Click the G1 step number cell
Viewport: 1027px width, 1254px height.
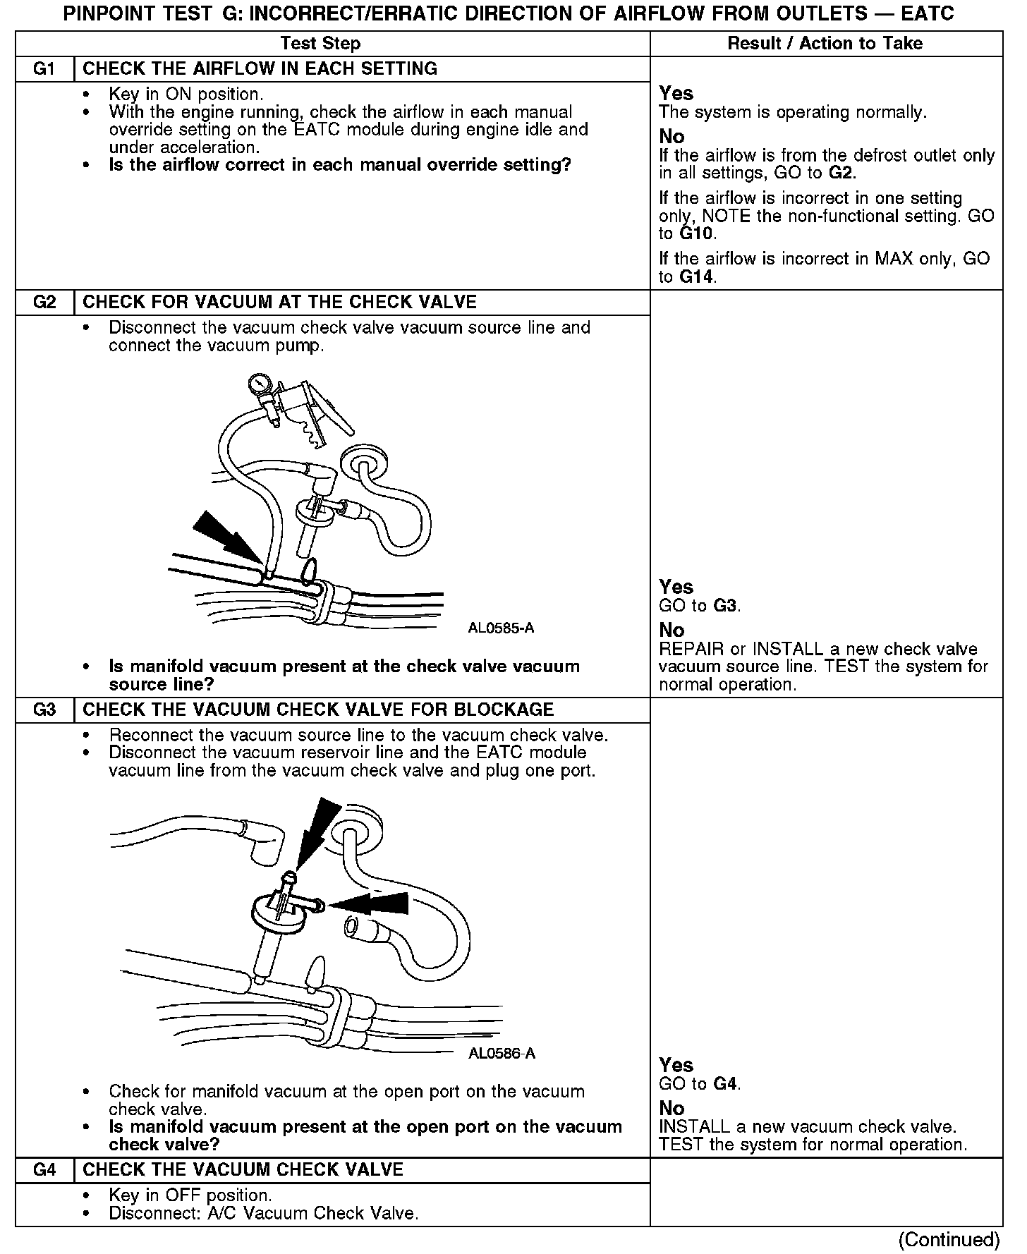44,69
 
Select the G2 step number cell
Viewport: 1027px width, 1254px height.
44,303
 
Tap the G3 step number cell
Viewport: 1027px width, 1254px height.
44,710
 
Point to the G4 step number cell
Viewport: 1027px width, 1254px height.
44,1169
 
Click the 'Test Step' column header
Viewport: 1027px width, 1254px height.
320,44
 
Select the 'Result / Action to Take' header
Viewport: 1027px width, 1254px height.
825,44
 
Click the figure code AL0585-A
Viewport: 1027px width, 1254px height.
501,628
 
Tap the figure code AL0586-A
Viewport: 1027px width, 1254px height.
502,1054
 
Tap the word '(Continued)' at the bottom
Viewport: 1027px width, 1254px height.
949,1239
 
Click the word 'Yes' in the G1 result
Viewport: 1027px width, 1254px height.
676,94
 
